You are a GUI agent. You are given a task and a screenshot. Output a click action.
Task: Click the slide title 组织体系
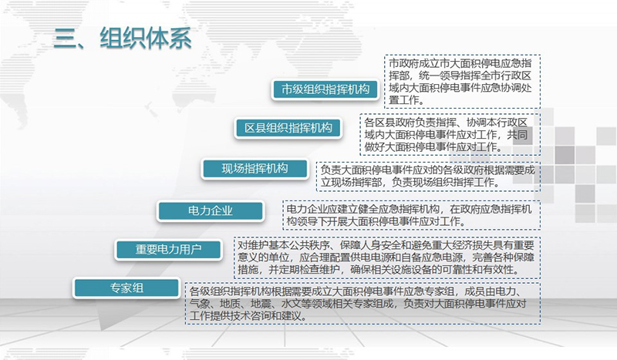point(146,39)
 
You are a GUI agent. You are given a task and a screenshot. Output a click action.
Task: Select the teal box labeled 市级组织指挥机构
point(325,89)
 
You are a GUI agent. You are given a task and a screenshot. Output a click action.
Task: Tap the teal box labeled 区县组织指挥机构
point(288,128)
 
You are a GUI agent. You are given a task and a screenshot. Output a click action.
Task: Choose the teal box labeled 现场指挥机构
point(255,169)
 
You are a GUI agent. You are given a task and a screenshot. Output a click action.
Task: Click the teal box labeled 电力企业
point(211,211)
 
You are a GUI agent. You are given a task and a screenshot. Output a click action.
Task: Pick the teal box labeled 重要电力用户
point(168,250)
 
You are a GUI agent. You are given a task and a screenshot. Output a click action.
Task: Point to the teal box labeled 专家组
point(126,288)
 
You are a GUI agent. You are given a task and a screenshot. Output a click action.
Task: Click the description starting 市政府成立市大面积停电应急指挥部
point(460,82)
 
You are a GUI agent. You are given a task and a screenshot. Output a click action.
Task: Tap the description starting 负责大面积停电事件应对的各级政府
point(428,176)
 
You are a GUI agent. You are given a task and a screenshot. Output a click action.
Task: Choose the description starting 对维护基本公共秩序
point(386,257)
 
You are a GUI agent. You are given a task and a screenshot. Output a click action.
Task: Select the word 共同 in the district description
point(517,135)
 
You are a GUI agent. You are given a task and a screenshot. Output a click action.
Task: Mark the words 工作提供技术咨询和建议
point(246,315)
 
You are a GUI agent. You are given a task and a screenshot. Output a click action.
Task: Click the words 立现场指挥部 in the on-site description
point(352,182)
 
